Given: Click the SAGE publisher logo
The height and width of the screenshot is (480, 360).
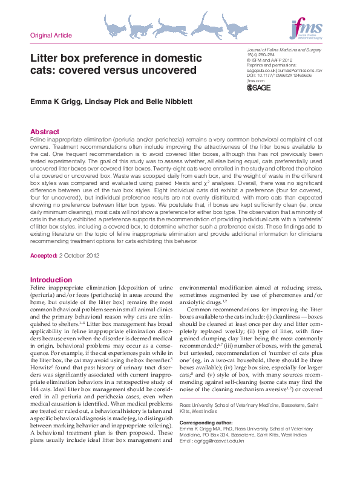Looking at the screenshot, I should [x=259, y=88].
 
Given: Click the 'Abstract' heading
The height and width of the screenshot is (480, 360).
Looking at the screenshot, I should [x=45, y=132].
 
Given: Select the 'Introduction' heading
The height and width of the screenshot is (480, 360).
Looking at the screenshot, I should [x=51, y=280].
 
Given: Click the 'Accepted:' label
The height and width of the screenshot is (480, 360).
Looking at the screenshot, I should [x=44, y=256].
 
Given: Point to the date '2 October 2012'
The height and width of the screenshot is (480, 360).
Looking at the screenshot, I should [x=79, y=256].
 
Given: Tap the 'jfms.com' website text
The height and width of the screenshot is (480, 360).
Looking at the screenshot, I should [x=256, y=80].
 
